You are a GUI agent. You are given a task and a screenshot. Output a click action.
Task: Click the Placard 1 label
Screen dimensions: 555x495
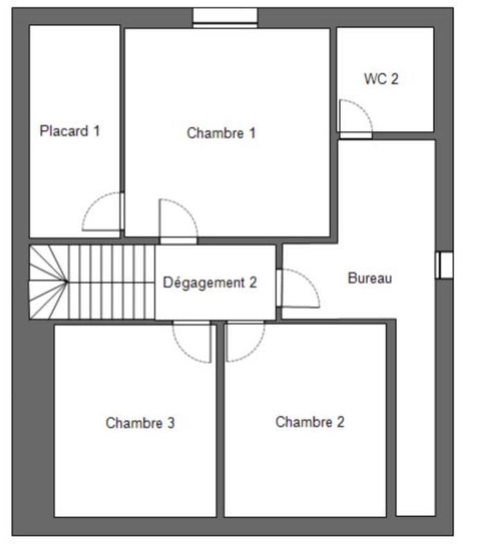click(x=70, y=130)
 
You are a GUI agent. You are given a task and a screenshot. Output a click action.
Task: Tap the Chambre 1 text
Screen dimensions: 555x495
click(x=221, y=133)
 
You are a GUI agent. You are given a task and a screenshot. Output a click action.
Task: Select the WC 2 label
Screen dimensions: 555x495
click(x=381, y=78)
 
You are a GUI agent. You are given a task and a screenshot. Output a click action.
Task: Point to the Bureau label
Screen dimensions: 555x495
click(x=370, y=279)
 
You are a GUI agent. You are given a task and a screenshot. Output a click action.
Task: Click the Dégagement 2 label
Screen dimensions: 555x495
click(x=210, y=282)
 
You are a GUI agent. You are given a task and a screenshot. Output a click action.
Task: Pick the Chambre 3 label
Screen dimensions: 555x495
click(x=139, y=422)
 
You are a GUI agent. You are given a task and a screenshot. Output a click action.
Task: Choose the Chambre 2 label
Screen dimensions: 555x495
click(x=309, y=422)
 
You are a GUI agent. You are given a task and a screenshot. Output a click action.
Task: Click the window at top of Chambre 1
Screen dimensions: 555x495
click(x=225, y=17)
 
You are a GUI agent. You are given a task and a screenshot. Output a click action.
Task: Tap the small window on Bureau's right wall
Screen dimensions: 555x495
click(x=444, y=265)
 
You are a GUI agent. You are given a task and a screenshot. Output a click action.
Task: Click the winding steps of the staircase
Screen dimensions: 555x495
click(x=48, y=282)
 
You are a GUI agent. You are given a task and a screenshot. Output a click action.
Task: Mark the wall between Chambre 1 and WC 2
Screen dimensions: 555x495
click(x=333, y=83)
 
